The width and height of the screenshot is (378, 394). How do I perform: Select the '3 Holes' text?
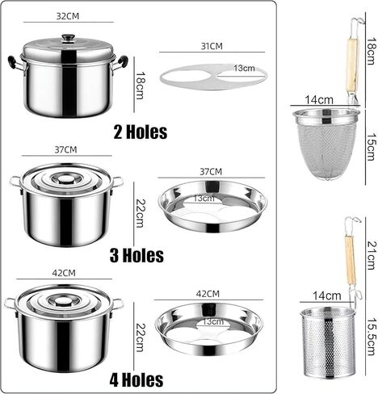(x=136, y=255)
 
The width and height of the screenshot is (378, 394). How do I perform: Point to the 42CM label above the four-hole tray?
(x=207, y=292)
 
